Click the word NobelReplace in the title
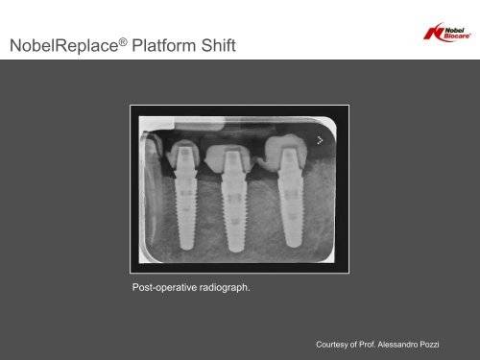tap(64, 45)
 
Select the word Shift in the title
tap(219, 45)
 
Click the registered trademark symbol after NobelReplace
tap(123, 41)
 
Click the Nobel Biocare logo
tap(447, 33)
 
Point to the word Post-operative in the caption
tap(164, 287)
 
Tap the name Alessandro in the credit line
tap(397, 345)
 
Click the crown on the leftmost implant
tap(183, 155)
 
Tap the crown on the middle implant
tap(228, 157)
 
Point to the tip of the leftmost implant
tap(186, 249)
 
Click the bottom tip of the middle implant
tap(236, 251)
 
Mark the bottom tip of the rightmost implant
tap(293, 247)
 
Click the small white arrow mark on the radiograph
tap(320, 140)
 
